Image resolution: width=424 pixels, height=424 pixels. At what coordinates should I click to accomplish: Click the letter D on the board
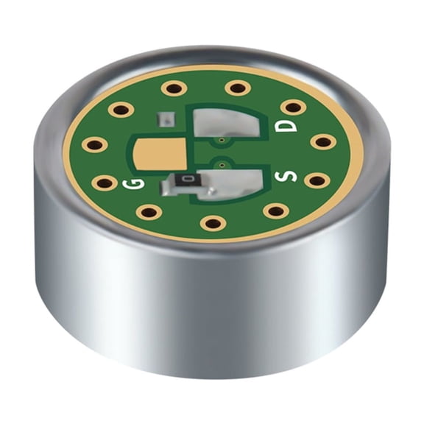282,127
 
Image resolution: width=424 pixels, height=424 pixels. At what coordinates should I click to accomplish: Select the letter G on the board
135,183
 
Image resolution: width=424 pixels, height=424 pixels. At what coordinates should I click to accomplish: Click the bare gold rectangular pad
159,154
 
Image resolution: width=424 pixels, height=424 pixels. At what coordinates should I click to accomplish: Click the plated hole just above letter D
293,106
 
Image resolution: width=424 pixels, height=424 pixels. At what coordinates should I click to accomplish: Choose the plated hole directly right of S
315,180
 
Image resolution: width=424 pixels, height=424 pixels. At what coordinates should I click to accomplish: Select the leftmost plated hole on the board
93,144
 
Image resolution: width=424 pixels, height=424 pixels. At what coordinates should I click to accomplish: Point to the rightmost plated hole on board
322,141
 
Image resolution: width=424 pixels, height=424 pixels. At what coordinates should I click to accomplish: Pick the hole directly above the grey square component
174,88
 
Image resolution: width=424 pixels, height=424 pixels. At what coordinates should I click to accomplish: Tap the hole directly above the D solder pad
237,88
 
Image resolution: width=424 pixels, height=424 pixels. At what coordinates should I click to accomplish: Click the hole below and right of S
275,211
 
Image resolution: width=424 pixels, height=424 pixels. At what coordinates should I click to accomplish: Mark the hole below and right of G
149,212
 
